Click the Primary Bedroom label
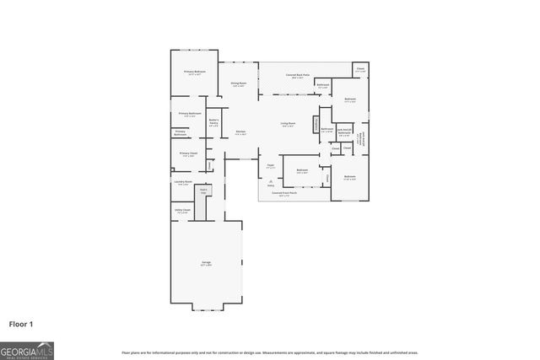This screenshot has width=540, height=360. tap(195, 73)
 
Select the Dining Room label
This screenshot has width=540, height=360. tap(239, 83)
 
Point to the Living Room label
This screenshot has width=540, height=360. tap(288, 125)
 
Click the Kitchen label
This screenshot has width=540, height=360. tap(240, 132)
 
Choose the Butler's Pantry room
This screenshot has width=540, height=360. tap(214, 122)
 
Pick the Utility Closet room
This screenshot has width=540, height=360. tap(182, 211)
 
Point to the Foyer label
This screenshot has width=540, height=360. tap(271, 166)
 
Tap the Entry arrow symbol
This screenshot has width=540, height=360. tap(270, 182)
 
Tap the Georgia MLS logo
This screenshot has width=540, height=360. tap(27, 349)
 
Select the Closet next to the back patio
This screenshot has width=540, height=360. tap(360, 70)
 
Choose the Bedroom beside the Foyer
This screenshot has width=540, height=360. tap(302, 171)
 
